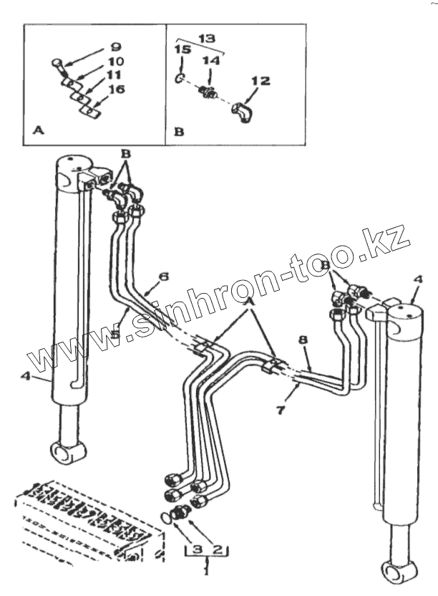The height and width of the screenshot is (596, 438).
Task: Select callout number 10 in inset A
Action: coord(116,62)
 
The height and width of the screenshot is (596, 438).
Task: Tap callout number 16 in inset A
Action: coord(117,90)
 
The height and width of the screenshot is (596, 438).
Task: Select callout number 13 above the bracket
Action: coord(205,36)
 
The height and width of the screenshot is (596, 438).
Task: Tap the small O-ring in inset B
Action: coord(181,77)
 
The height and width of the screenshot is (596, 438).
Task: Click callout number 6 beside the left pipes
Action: coord(163,277)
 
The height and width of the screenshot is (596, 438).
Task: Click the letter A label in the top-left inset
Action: coord(37,132)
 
